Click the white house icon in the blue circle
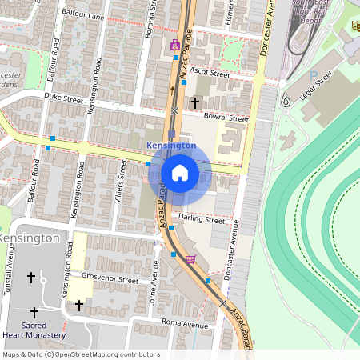[180, 173]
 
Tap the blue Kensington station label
[171, 146]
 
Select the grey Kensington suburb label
[30, 238]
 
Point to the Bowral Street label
[226, 118]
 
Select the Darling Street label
[202, 218]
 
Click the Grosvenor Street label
[110, 280]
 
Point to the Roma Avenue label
[184, 324]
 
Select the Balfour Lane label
[85, 16]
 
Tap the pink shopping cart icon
[190, 259]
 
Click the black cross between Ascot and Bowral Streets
[194, 102]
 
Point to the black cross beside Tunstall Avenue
[31, 278]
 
